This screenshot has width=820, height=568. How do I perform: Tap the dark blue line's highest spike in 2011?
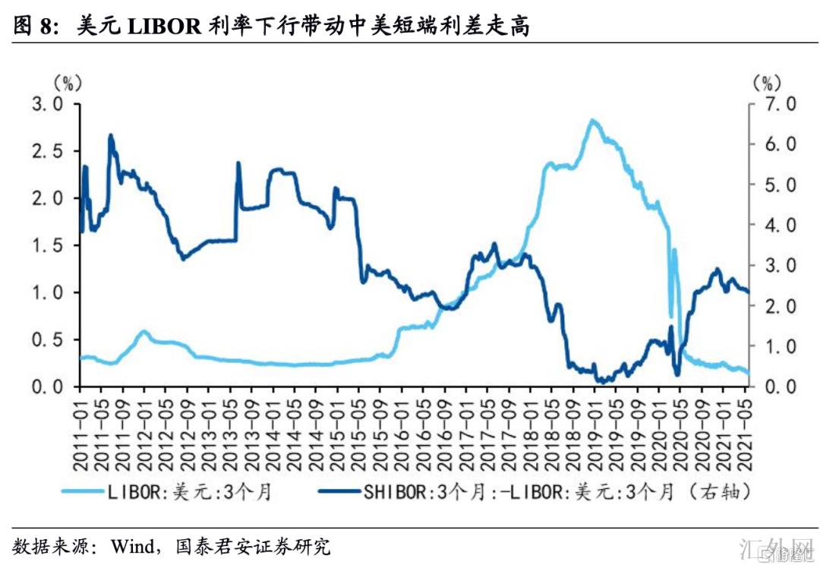click(111, 136)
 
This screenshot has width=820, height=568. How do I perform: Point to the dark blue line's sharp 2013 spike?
click(238, 163)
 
